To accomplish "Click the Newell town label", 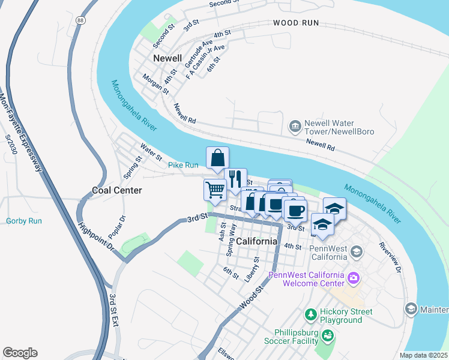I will click(167, 58).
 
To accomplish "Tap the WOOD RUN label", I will click(295, 23).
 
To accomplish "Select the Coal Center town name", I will click(116, 190).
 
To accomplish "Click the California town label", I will click(256, 241).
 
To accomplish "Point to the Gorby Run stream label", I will click(23, 221).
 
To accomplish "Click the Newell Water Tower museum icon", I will click(295, 126).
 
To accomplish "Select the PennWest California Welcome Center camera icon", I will click(354, 278).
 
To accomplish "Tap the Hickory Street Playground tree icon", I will click(310, 314).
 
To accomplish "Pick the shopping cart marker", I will click(214, 190).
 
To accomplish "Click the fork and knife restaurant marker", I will click(235, 178).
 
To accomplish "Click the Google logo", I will click(20, 353).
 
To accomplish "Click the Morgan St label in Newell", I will click(155, 84).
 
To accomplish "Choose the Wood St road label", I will click(251, 298).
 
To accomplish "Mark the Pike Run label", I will click(182, 165).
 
